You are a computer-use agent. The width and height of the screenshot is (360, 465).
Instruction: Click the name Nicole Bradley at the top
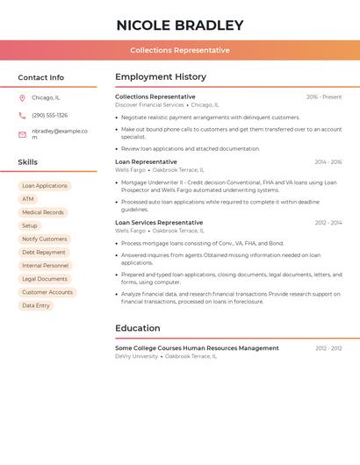point(179,25)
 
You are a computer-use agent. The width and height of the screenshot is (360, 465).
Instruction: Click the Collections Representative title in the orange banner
point(179,50)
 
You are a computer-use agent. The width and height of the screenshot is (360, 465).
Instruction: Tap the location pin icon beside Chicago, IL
point(22,97)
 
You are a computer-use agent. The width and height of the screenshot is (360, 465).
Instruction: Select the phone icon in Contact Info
point(22,115)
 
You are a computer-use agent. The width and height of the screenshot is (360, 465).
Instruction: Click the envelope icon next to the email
point(22,134)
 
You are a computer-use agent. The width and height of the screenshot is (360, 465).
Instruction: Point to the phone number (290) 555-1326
point(49,115)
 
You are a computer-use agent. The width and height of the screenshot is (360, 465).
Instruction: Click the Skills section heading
point(28,162)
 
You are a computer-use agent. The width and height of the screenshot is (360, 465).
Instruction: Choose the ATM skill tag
point(28,199)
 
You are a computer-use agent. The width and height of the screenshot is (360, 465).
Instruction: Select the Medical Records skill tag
point(43,212)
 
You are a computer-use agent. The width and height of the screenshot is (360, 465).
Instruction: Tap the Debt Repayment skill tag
point(44,252)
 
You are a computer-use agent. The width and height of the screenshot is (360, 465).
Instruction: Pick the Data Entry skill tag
point(36,305)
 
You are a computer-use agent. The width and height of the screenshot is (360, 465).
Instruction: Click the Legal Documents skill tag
point(45,279)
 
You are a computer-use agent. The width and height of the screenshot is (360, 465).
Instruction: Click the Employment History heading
point(161,77)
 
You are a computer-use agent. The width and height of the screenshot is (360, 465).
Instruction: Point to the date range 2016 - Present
point(324,97)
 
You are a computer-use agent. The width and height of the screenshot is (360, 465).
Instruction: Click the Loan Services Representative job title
point(159,223)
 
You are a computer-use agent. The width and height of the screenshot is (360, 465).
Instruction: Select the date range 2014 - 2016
point(328,162)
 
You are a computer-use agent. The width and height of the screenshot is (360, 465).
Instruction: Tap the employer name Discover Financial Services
point(149,105)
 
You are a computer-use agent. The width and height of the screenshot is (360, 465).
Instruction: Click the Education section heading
point(138,328)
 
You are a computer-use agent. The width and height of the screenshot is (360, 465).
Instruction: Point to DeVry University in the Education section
point(137,356)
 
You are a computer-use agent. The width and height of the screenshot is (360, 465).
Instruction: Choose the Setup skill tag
point(30,225)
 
